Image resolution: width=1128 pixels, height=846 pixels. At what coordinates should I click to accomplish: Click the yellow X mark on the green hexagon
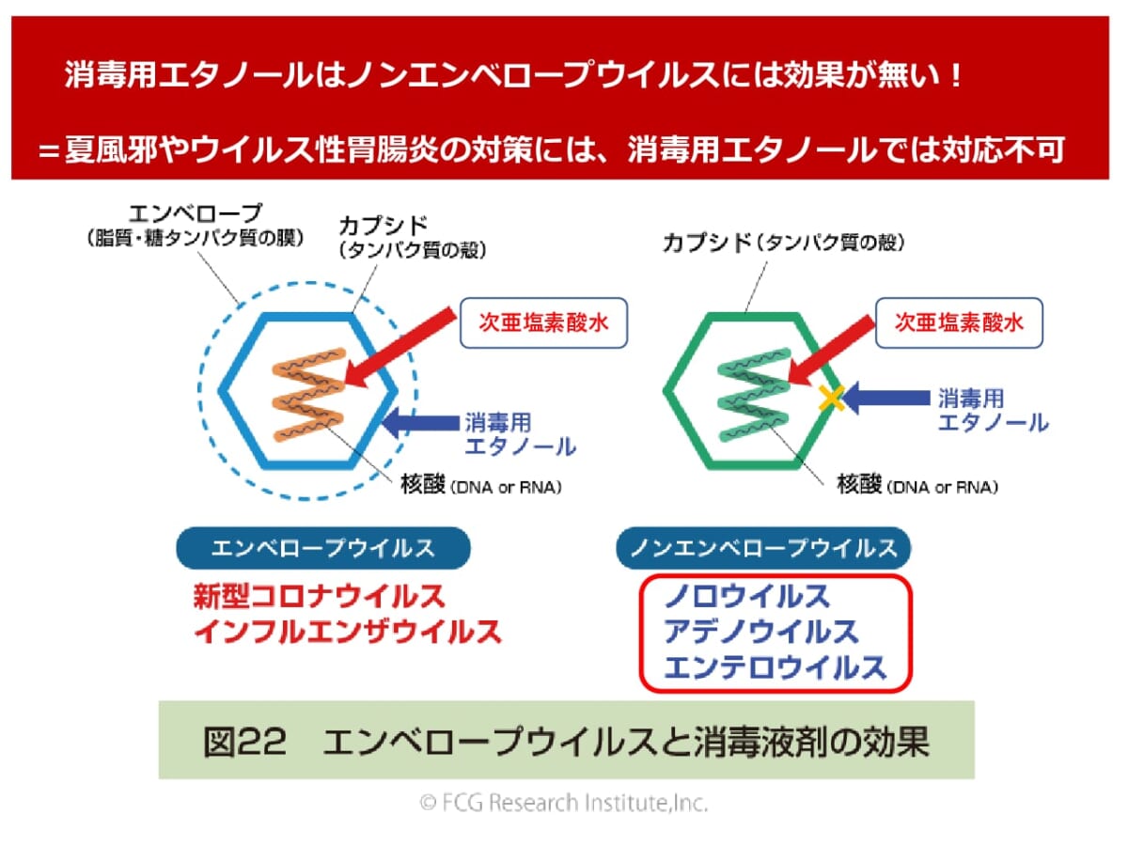point(830,399)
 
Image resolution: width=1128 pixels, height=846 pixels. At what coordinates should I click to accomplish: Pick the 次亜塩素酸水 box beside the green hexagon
point(959,322)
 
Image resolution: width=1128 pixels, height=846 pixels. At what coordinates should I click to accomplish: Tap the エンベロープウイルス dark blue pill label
point(322,548)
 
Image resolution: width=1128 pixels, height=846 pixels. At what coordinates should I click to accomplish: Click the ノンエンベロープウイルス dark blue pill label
point(762,548)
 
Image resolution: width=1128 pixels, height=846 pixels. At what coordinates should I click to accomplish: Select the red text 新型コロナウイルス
point(319,596)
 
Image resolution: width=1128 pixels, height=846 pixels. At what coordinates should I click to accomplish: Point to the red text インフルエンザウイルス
point(347,631)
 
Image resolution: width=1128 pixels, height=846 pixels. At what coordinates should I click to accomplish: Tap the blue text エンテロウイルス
point(775,666)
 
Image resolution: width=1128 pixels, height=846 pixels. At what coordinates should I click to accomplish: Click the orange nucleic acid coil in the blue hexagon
point(303,396)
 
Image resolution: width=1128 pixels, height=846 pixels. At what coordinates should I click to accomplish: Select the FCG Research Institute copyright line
point(564,803)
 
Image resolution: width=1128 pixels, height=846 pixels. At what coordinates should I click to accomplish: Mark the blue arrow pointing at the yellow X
point(888,399)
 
